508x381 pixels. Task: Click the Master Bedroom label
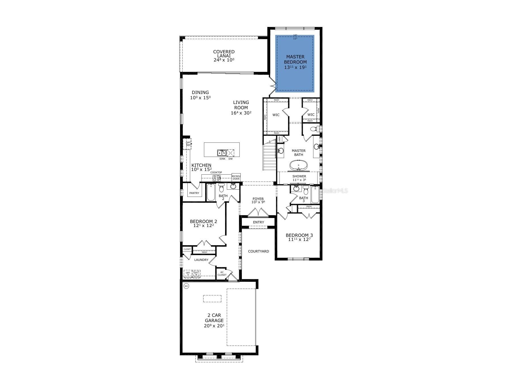(295, 59)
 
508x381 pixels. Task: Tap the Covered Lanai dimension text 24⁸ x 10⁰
(224, 60)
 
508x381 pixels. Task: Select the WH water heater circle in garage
(186, 286)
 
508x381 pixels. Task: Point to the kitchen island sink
(221, 153)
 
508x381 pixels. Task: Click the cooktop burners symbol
(216, 178)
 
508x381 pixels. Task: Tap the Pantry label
(194, 193)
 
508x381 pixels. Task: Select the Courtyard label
(258, 251)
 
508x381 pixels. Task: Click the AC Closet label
(222, 274)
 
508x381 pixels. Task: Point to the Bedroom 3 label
(299, 235)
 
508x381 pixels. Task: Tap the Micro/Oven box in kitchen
(236, 177)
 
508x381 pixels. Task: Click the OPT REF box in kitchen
(188, 144)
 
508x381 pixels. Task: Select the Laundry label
(201, 260)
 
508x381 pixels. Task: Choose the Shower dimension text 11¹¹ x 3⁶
(299, 180)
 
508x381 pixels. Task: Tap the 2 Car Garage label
(214, 317)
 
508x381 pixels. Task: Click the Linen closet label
(279, 139)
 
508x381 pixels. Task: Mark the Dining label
(200, 92)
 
